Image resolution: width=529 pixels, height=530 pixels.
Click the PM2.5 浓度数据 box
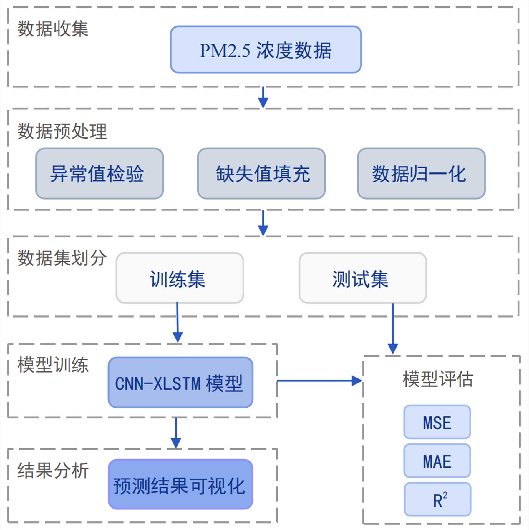coord(266,49)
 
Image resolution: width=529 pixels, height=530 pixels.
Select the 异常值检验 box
coord(100,174)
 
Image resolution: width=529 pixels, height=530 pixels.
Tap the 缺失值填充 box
coord(261,174)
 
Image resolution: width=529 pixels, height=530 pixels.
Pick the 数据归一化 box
coord(421,174)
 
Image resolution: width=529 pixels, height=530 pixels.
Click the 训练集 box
coord(180,278)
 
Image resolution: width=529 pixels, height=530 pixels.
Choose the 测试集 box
coord(363,278)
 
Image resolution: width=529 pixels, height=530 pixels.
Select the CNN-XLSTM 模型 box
coord(180,383)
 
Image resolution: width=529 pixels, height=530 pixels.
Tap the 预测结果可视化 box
coord(180,484)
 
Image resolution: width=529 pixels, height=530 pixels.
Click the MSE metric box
coord(437,422)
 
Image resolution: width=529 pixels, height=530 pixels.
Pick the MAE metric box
coord(437,461)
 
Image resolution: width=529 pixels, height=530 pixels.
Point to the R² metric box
coord(438,499)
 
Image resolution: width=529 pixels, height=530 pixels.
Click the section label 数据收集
coord(53,29)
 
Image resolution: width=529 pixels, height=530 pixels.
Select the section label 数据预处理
coord(62,131)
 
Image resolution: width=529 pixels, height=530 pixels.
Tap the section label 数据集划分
coord(62,258)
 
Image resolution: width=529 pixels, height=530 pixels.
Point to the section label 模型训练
coord(53,365)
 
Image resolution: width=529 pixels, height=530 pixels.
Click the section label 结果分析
coord(53,470)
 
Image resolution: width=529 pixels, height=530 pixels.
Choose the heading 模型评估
coord(438,379)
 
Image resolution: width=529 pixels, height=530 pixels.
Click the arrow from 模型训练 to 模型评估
coord(319,381)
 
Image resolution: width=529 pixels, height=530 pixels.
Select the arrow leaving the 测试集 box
coord(393,328)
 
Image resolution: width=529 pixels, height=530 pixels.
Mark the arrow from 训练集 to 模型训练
coord(178,322)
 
